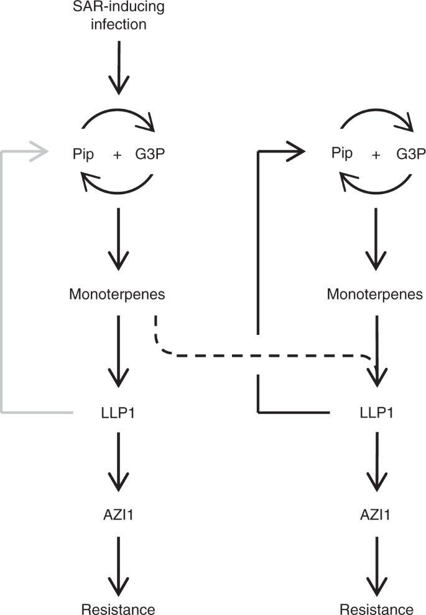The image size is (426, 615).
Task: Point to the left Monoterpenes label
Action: pos(118,292)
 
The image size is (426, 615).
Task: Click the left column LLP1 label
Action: pos(118,412)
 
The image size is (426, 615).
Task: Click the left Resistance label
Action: pos(118,608)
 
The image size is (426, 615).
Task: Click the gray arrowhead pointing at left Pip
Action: pos(40,151)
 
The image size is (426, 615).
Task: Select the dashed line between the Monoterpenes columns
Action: pos(261,355)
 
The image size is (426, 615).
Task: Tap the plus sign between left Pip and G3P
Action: pos(117,155)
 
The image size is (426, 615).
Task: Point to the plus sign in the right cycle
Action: pos(376,155)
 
